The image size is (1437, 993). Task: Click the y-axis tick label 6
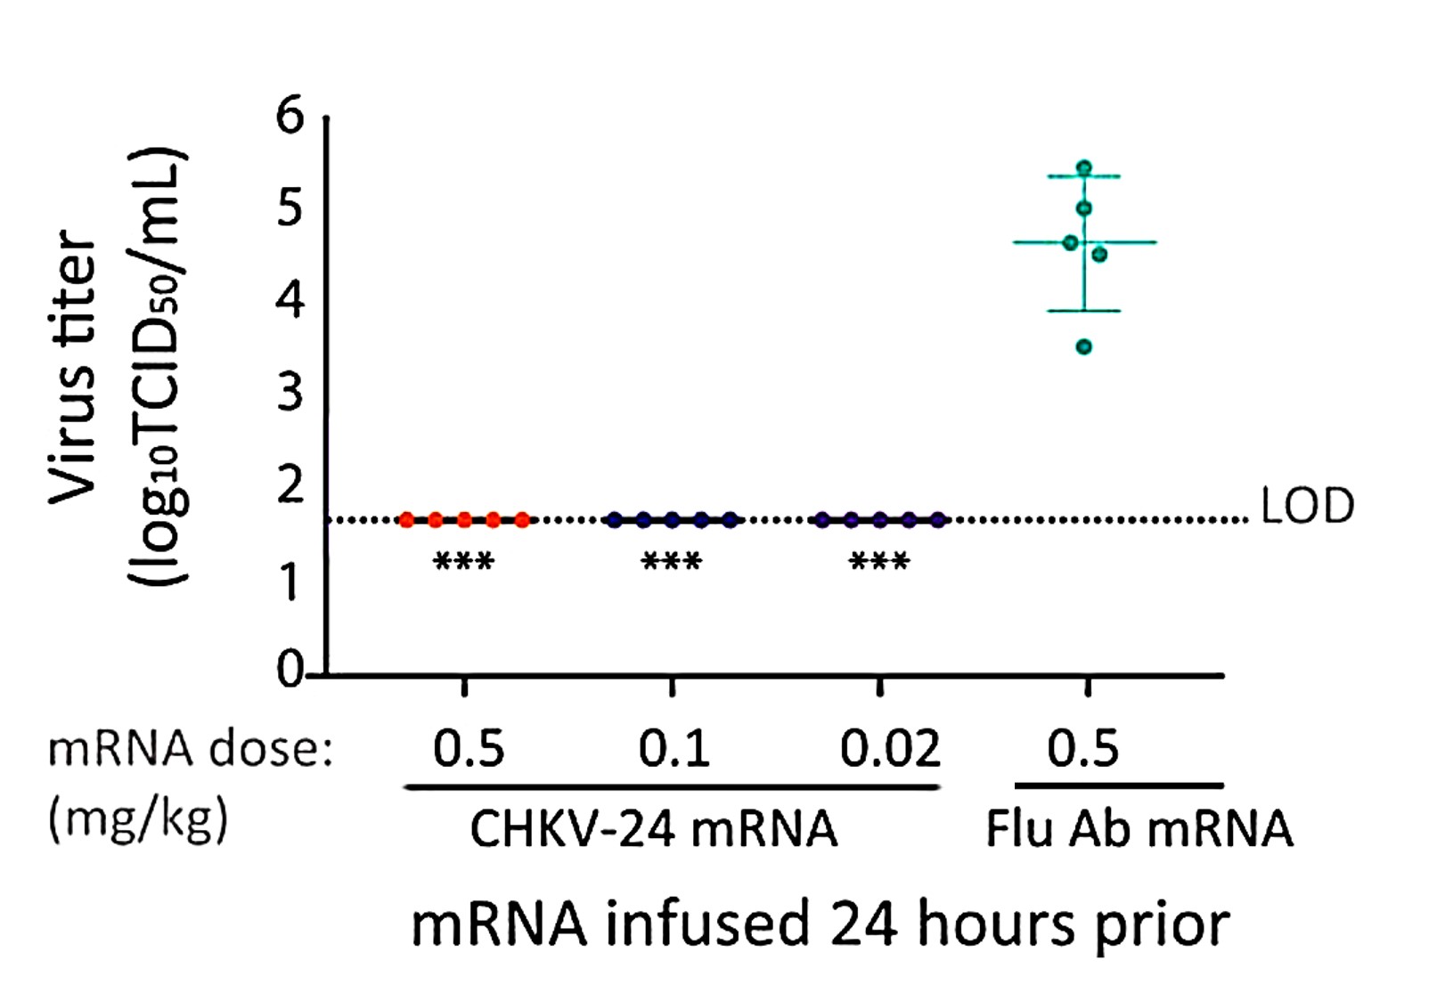pyautogui.click(x=290, y=117)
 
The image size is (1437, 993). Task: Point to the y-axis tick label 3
pyautogui.click(x=290, y=392)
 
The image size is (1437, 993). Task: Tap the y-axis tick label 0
pyautogui.click(x=289, y=670)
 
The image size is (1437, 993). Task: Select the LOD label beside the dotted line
pyautogui.click(x=1307, y=506)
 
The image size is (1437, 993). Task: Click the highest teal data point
pyautogui.click(x=1084, y=167)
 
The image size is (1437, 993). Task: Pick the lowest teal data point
pyautogui.click(x=1084, y=346)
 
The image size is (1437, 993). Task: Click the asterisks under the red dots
pyautogui.click(x=463, y=563)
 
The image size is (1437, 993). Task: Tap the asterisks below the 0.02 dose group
pyautogui.click(x=879, y=563)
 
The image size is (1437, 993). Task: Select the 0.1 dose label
pyautogui.click(x=674, y=748)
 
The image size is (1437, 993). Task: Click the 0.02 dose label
pyautogui.click(x=890, y=748)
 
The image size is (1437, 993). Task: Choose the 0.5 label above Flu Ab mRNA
pyautogui.click(x=1082, y=748)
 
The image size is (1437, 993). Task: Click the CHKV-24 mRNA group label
pyautogui.click(x=653, y=829)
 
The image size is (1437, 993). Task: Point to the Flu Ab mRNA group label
pyautogui.click(x=1139, y=829)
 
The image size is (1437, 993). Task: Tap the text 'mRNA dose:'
pyautogui.click(x=190, y=748)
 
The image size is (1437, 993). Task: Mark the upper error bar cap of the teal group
pyautogui.click(x=1084, y=177)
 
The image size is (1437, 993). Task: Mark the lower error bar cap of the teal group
pyautogui.click(x=1084, y=311)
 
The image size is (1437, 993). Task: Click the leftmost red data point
pyautogui.click(x=407, y=519)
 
